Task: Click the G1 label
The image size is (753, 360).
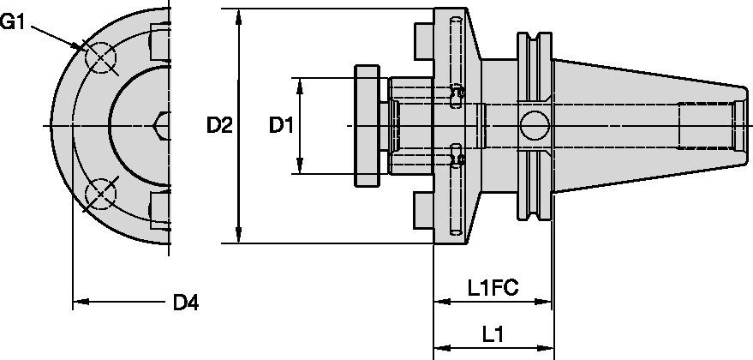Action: click(x=15, y=21)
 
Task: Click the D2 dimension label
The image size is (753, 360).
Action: click(x=220, y=126)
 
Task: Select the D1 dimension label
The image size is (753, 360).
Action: click(x=282, y=126)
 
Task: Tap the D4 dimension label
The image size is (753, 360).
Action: click(x=186, y=302)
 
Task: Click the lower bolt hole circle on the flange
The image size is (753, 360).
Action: click(x=100, y=195)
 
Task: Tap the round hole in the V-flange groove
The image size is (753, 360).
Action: click(x=536, y=126)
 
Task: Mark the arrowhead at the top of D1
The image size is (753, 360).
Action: click(x=301, y=83)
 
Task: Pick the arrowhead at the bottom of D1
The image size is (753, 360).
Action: click(x=301, y=169)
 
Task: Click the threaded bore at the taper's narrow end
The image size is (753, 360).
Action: click(x=707, y=126)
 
